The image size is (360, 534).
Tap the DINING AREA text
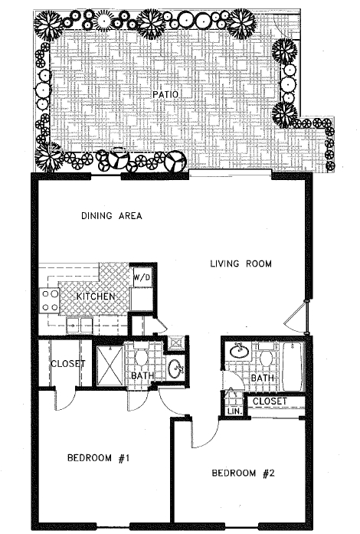tap(112, 216)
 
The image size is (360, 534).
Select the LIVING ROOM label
tap(241, 265)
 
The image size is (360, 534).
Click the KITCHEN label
tap(96, 296)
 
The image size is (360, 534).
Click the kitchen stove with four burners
tap(51, 300)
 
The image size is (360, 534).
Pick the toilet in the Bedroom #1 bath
tap(140, 358)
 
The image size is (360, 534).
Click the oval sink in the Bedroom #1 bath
tap(175, 368)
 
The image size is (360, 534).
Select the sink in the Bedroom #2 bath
tap(239, 351)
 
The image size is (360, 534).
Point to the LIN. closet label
tap(233, 411)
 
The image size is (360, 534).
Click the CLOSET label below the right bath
tap(269, 401)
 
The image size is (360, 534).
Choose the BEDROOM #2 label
tap(243, 473)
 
